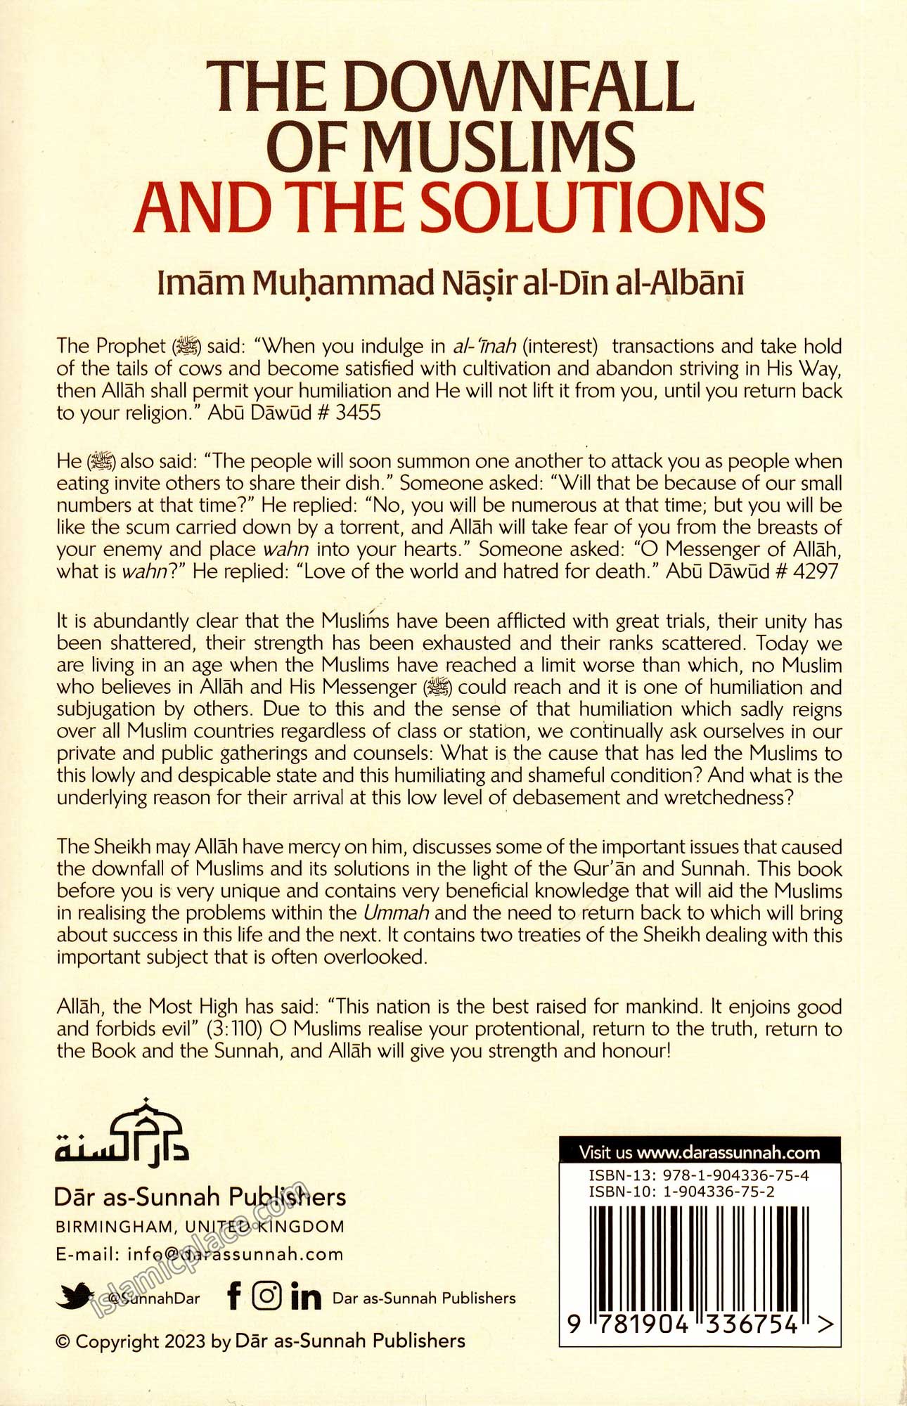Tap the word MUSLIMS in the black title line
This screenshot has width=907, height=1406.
(x=501, y=147)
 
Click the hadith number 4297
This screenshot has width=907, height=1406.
(x=815, y=571)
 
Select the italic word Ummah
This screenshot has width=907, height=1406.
(x=396, y=913)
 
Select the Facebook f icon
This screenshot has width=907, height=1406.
(x=235, y=1295)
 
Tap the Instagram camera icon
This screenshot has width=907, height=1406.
(x=266, y=1295)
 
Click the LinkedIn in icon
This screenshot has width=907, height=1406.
(x=306, y=1296)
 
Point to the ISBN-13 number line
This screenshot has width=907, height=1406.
(x=699, y=1175)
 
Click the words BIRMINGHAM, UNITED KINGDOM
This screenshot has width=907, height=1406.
(x=200, y=1227)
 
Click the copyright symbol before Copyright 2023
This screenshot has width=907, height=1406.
(x=63, y=1341)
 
